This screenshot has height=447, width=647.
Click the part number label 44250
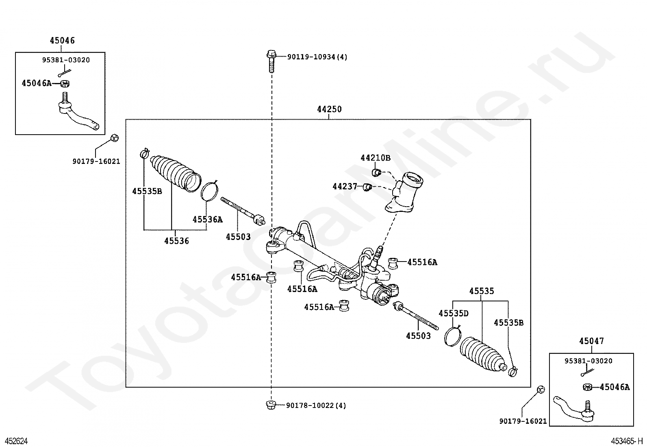click(x=329, y=109)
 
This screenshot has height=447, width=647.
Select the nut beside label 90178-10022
click(x=271, y=405)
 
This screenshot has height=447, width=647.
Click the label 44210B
click(x=376, y=158)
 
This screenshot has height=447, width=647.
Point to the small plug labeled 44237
click(x=367, y=187)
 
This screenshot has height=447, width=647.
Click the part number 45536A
click(x=208, y=220)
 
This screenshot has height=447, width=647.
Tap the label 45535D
click(x=454, y=314)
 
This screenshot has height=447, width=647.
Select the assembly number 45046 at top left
click(x=62, y=41)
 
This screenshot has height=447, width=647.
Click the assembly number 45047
click(x=592, y=341)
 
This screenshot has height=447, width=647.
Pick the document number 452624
click(x=17, y=441)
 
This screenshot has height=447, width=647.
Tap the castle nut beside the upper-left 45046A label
click(x=65, y=84)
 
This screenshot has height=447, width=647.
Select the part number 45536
click(x=176, y=241)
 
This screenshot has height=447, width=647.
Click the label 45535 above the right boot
click(x=482, y=291)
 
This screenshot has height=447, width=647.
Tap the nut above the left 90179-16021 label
click(x=115, y=137)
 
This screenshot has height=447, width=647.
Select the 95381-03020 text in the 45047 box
click(x=588, y=361)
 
